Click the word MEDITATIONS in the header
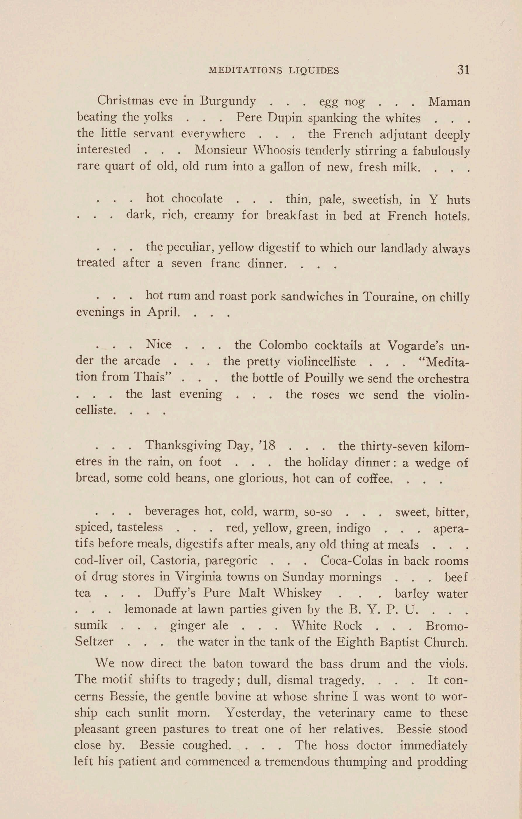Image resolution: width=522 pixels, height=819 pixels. pyautogui.click(x=244, y=70)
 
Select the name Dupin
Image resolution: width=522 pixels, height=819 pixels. pyautogui.click(x=285, y=117)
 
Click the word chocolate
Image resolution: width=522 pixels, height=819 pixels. pyautogui.click(x=197, y=199)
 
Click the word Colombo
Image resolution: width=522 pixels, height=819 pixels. pyautogui.click(x=283, y=345)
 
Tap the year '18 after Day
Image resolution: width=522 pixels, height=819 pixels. pyautogui.click(x=267, y=445)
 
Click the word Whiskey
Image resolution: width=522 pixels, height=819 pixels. pyautogui.click(x=297, y=593)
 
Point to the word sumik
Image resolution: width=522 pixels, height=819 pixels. pyautogui.click(x=91, y=625)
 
